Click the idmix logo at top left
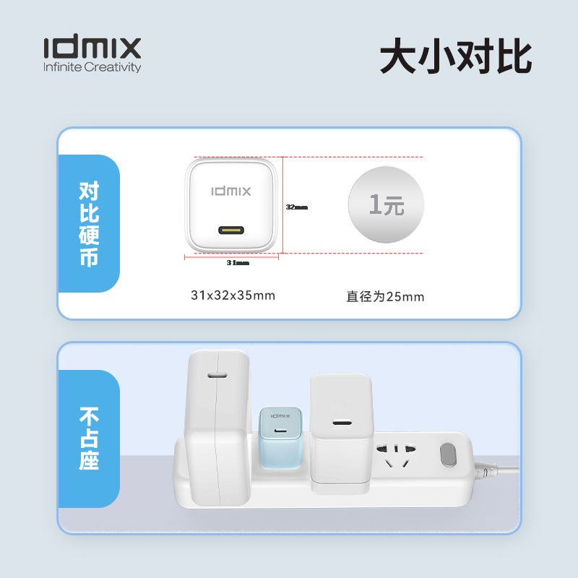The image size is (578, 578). [x=92, y=48]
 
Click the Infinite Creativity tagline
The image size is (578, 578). [x=92, y=68]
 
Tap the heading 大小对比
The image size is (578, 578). [x=456, y=57]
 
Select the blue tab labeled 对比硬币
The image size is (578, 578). [x=89, y=223]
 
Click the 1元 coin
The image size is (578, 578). [x=387, y=205]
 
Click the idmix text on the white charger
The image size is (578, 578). [x=231, y=191]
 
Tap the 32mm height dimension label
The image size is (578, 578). [x=296, y=207]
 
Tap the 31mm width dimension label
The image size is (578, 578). [x=238, y=263]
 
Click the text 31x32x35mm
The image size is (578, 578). [x=233, y=295]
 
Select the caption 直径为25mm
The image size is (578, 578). [x=385, y=296]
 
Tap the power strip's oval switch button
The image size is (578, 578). [x=449, y=455]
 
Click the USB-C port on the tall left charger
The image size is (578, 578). [x=217, y=376]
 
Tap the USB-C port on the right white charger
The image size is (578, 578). [x=341, y=423]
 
